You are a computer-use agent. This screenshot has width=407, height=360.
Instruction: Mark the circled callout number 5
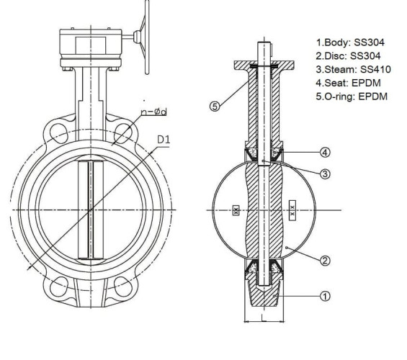tap(215, 106)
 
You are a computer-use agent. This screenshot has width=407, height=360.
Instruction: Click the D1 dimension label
tap(163, 139)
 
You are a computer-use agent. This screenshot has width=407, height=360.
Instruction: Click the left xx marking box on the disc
tap(236, 211)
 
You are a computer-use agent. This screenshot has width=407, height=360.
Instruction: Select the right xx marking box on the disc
tap(292, 210)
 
